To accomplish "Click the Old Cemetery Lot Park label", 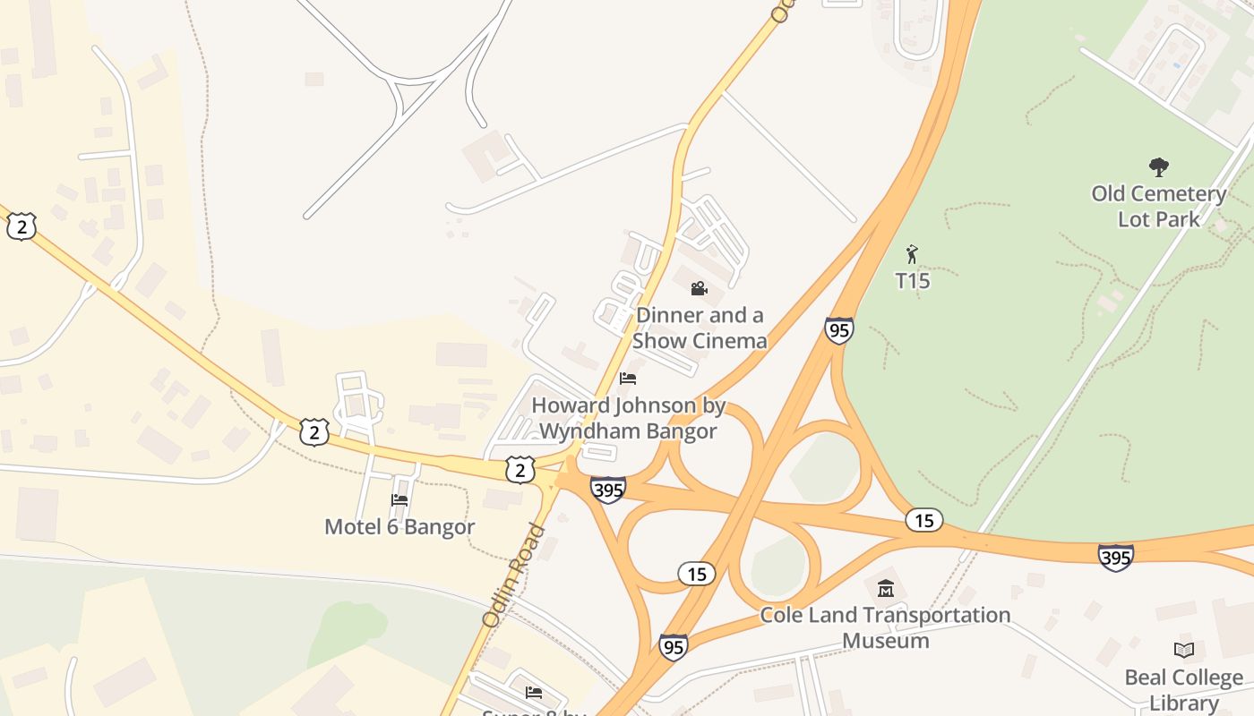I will pyautogui.click(x=1158, y=206).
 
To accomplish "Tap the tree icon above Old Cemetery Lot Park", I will pyautogui.click(x=1159, y=166).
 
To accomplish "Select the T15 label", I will pyautogui.click(x=913, y=281).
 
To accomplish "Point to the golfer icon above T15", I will pyautogui.click(x=913, y=255).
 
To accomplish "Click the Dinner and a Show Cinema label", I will pyautogui.click(x=700, y=328).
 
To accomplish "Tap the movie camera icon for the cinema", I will pyautogui.click(x=700, y=288).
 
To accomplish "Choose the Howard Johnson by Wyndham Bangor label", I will pyautogui.click(x=628, y=418).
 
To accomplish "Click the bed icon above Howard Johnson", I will pyautogui.click(x=628, y=379).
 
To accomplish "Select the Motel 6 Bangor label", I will pyautogui.click(x=399, y=526).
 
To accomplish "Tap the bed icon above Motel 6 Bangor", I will pyautogui.click(x=399, y=499).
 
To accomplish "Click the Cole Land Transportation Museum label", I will pyautogui.click(x=885, y=627).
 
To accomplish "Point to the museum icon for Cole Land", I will pyautogui.click(x=886, y=588).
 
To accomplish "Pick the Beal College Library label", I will pyautogui.click(x=1183, y=689).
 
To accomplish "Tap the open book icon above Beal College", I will pyautogui.click(x=1184, y=650).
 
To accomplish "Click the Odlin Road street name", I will pyautogui.click(x=514, y=575).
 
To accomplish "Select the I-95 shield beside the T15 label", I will pyautogui.click(x=839, y=330).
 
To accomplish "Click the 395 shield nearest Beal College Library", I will pyautogui.click(x=1115, y=557).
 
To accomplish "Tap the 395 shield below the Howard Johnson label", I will pyautogui.click(x=608, y=489).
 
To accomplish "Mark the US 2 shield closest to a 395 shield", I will pyautogui.click(x=520, y=469).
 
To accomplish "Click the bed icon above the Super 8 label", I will pyautogui.click(x=534, y=692).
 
